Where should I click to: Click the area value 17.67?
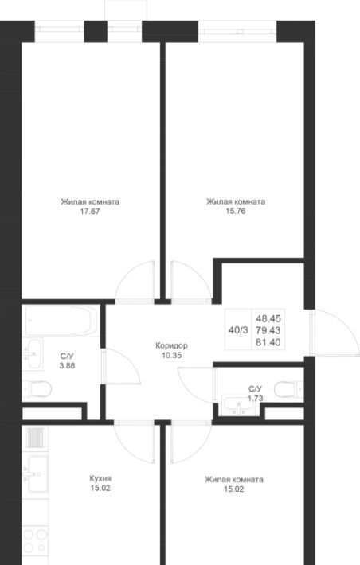90,212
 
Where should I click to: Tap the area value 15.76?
236,211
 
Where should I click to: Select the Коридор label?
171,345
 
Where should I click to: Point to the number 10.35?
172,355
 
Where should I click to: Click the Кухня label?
100,478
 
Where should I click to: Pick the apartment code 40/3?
238,330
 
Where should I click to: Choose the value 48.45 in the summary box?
268,318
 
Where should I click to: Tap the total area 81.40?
268,342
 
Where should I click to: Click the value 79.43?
268,330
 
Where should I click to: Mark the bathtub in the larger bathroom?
61,321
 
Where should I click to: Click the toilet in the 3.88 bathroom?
37,389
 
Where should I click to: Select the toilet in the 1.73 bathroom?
288,389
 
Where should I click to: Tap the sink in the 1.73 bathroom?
238,405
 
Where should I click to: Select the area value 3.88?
67,366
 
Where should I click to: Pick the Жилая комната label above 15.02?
233,480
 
